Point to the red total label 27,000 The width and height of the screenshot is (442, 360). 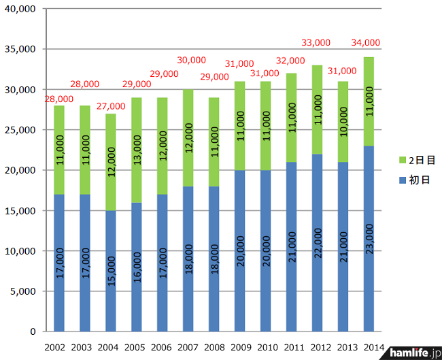click(110, 106)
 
